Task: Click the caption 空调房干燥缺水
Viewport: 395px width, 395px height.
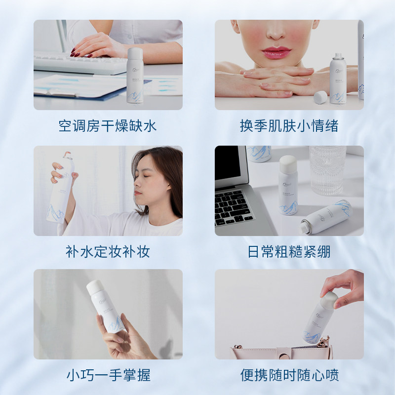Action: [108, 126]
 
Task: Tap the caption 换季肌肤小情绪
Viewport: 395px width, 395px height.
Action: [289, 126]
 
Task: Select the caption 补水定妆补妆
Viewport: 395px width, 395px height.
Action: [108, 252]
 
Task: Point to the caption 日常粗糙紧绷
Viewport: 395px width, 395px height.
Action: [289, 252]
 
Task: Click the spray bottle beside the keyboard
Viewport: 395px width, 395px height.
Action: [135, 77]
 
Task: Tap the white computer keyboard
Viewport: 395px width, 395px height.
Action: [79, 64]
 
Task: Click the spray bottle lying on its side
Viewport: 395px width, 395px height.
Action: [328, 216]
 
